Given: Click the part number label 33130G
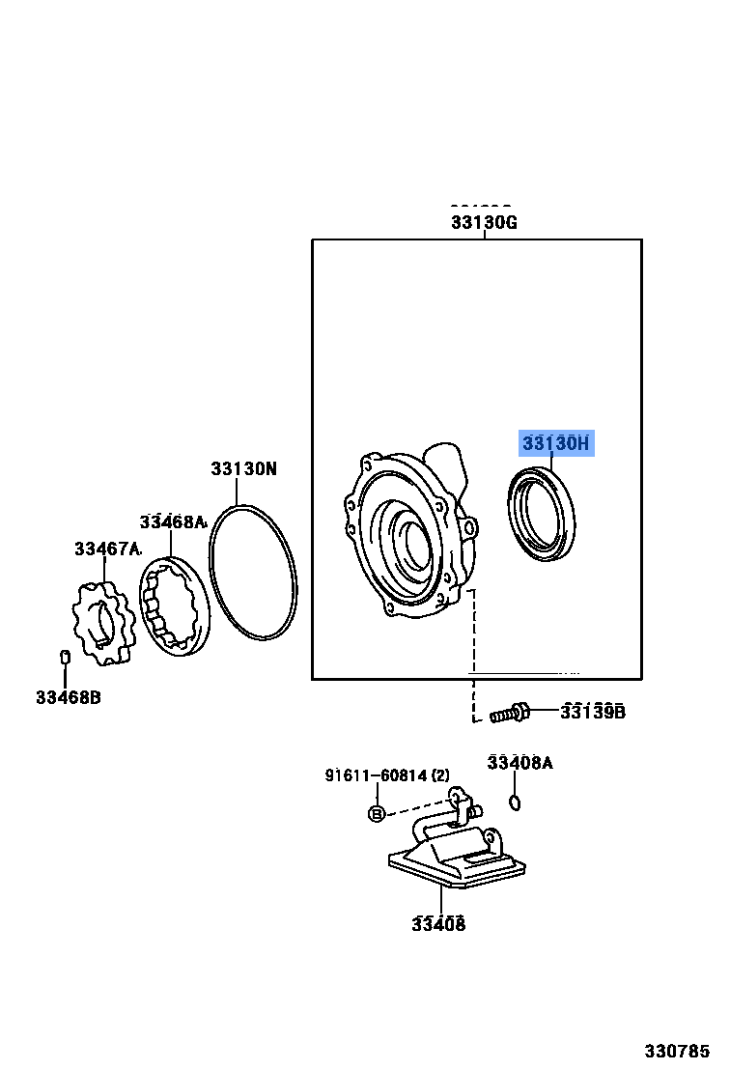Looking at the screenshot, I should click(x=484, y=222).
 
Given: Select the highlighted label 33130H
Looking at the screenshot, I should click(x=555, y=443).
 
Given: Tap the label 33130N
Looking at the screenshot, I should click(x=243, y=469).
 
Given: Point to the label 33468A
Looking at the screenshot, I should click(x=173, y=521).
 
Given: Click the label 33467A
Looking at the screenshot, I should click(x=107, y=549).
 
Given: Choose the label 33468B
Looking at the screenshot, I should click(x=68, y=696).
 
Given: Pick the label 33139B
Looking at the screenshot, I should click(x=593, y=713).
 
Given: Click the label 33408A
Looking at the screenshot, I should click(x=519, y=763).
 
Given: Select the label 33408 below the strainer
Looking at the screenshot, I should click(x=438, y=924).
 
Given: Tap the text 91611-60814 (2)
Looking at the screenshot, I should click(x=386, y=775).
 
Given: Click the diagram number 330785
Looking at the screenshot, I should click(x=677, y=1050).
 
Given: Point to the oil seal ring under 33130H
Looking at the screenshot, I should click(x=542, y=513).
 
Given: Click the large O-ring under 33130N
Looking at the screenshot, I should click(x=253, y=572).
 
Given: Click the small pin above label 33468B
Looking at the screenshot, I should click(x=64, y=658).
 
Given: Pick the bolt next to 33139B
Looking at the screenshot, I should click(x=509, y=715).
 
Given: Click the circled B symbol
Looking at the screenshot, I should click(x=377, y=814).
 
